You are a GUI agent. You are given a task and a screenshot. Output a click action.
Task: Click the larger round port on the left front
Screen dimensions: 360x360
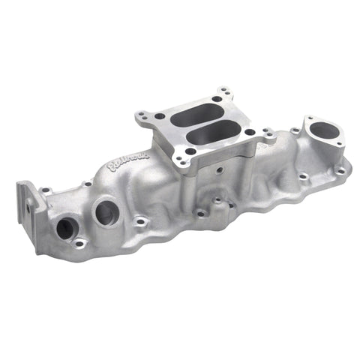coord(106,212)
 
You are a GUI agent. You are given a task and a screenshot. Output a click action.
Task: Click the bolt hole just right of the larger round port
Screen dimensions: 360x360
coord(140,221)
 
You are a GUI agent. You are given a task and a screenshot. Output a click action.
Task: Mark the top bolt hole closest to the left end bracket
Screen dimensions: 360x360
coord(46,190)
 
